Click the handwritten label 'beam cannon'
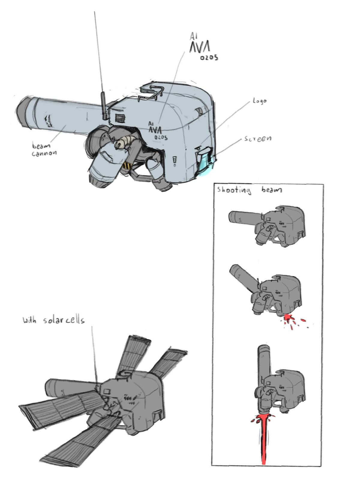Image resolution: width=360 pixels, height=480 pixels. (44, 149)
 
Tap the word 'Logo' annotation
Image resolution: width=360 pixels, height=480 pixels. (260, 101)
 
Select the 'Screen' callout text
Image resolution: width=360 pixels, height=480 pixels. (258, 139)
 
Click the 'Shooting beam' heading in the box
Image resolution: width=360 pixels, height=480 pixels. (249, 190)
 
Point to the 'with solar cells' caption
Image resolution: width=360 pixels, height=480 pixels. (54, 320)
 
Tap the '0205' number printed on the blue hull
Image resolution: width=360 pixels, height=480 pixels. (161, 137)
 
